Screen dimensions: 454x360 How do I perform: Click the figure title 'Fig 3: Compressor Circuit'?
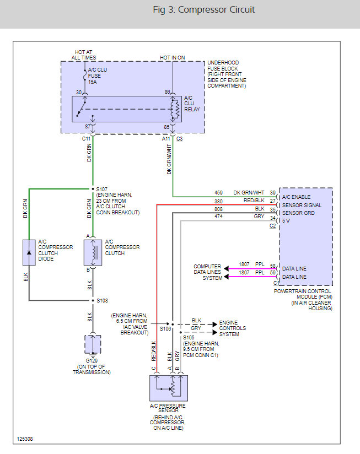pos(203,10)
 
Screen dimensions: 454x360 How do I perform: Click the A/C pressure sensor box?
pos(169,388)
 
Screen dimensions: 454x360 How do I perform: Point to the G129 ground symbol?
pos(93,345)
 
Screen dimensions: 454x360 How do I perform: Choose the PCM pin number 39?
pos(272,192)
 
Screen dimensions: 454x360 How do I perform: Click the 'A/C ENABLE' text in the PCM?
pos(296,197)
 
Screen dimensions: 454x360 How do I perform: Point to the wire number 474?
pos(219,217)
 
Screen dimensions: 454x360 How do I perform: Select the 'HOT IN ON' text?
pos(173,57)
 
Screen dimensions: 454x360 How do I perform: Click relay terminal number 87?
pos(86,127)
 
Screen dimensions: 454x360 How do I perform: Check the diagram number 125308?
pos(25,439)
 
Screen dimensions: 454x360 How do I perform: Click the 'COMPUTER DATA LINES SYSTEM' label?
pos(208,272)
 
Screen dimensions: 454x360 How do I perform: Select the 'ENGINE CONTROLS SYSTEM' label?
pos(232,328)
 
